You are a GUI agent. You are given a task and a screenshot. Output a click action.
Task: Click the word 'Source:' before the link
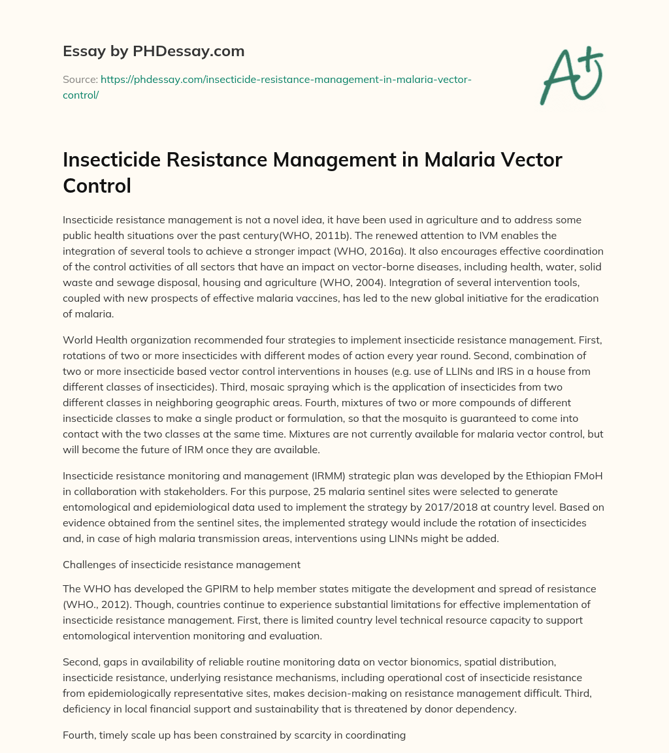(80, 79)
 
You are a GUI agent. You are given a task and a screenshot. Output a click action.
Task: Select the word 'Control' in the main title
(97, 185)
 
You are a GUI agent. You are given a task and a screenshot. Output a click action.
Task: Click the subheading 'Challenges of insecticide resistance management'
(182, 565)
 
